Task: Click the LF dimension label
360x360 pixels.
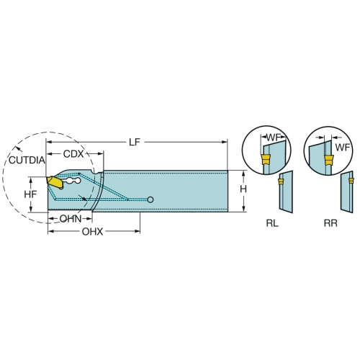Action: (x=135, y=142)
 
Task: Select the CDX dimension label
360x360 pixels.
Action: (x=73, y=154)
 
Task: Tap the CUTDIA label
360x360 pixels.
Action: (x=27, y=160)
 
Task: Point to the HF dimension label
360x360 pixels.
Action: (x=30, y=194)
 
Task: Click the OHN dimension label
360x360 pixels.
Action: (x=71, y=219)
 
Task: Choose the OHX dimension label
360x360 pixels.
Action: (x=92, y=232)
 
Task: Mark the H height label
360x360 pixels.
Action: (x=243, y=189)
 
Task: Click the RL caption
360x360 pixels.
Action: (x=272, y=223)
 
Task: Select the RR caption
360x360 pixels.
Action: (x=330, y=223)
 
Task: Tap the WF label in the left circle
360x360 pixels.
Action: (x=274, y=138)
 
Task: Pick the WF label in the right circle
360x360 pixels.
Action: (x=343, y=148)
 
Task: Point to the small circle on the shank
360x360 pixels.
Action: (x=150, y=199)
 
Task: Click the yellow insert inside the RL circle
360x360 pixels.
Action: (x=265, y=160)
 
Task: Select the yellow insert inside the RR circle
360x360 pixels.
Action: (x=329, y=161)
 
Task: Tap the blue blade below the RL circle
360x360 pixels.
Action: (x=286, y=192)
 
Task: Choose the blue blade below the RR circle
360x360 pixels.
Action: (x=347, y=192)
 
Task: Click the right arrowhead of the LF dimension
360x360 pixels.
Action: (x=225, y=142)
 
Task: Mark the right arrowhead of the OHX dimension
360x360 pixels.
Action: (x=138, y=232)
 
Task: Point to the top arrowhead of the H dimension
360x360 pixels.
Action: (x=243, y=174)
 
